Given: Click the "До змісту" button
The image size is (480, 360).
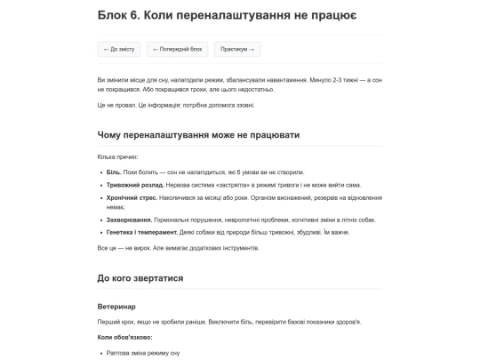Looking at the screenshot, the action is (118, 50).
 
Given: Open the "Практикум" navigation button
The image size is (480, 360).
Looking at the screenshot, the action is (237, 50).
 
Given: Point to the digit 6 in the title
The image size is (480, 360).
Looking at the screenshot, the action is (145, 16).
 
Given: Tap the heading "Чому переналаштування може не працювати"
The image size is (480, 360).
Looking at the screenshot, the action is (198, 134).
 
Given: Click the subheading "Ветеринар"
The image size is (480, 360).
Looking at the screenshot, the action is (116, 306).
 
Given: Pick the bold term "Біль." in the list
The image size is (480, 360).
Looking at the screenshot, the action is (114, 172).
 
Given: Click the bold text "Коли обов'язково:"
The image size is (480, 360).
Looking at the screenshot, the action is (125, 338).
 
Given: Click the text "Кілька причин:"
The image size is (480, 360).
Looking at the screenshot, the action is (118, 156).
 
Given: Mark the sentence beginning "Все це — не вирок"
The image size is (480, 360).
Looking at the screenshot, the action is (178, 248).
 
